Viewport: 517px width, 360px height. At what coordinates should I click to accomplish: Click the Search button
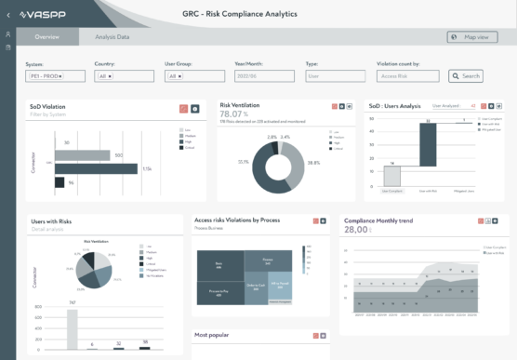[x=467, y=76]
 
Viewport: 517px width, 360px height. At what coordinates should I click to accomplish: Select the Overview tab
[x=46, y=37]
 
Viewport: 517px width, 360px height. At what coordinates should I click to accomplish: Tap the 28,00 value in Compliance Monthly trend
[x=355, y=230]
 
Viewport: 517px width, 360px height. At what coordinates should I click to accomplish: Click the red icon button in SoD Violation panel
[x=183, y=109]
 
